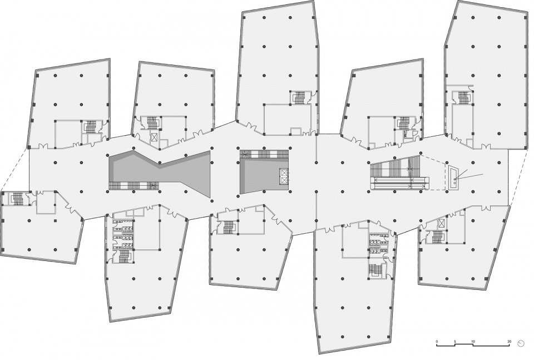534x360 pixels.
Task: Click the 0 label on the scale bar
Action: pyautogui.click(x=437, y=341)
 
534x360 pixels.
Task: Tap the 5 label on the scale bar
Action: pyautogui.click(x=454, y=341)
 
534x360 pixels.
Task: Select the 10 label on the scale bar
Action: pyautogui.click(x=473, y=341)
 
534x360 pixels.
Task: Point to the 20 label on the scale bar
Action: pyautogui.click(x=509, y=341)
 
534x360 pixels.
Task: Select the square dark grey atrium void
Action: pyautogui.click(x=264, y=172)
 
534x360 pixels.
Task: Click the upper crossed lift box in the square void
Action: pyautogui.click(x=284, y=172)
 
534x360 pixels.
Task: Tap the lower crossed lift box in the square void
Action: pyautogui.click(x=284, y=178)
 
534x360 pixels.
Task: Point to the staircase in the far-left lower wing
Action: pyautogui.click(x=16, y=198)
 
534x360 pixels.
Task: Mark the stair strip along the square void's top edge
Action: pyautogui.click(x=264, y=154)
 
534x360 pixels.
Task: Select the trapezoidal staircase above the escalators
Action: pyautogui.click(x=395, y=169)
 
